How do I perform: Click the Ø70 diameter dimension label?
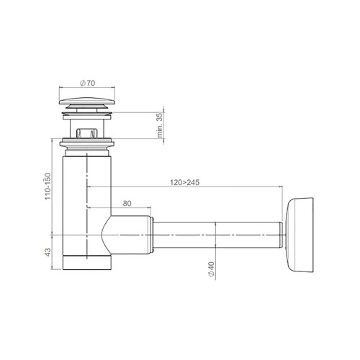(87, 83)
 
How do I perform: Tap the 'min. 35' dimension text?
(160, 125)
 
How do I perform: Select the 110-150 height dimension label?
(48, 186)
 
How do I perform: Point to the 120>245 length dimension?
(184, 182)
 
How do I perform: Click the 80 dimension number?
(127, 203)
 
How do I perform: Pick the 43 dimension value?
(48, 252)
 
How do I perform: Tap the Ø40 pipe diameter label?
(211, 269)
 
